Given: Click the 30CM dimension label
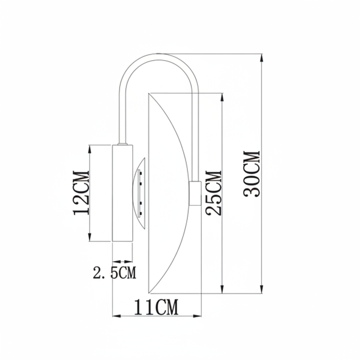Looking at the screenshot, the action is tap(251, 174).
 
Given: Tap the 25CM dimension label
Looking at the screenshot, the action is tap(213, 193).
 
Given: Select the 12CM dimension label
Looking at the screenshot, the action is tap(81, 193).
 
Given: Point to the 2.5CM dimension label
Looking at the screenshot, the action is tap(114, 273).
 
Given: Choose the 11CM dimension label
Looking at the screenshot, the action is tap(156, 307).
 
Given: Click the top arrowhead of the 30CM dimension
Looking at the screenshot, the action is tap(262, 58).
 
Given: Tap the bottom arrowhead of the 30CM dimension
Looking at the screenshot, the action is tap(262, 289).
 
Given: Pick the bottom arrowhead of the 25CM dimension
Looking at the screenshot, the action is tap(222, 289).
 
